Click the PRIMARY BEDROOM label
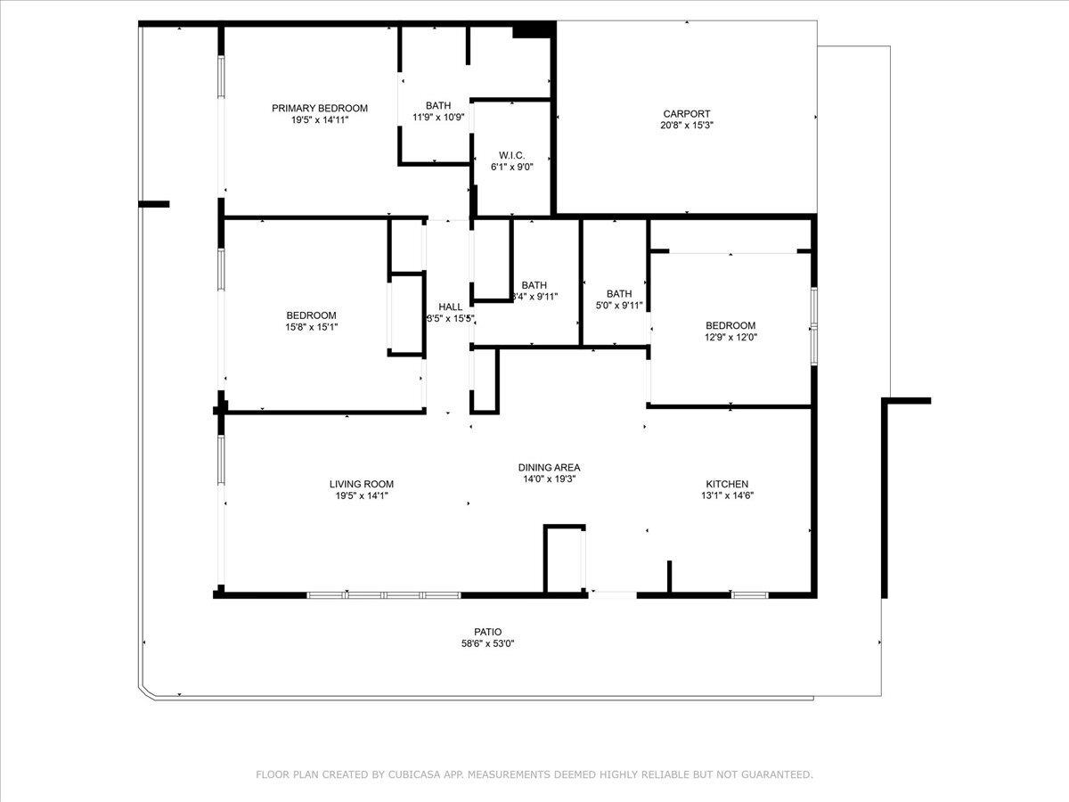[x=320, y=109]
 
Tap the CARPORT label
[x=687, y=114]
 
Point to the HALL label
[x=450, y=307]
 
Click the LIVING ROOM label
[x=361, y=485]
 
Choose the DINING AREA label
[x=550, y=468]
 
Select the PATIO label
[x=487, y=632]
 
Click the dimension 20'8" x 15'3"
[x=687, y=126]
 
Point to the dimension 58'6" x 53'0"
[x=487, y=643]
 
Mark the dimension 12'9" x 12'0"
[x=730, y=337]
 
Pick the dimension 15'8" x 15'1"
[x=311, y=327]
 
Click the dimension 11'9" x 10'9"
[x=438, y=117]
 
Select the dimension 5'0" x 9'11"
[x=619, y=305]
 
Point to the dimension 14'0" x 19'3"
[x=550, y=479]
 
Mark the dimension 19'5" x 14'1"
[x=361, y=496]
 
